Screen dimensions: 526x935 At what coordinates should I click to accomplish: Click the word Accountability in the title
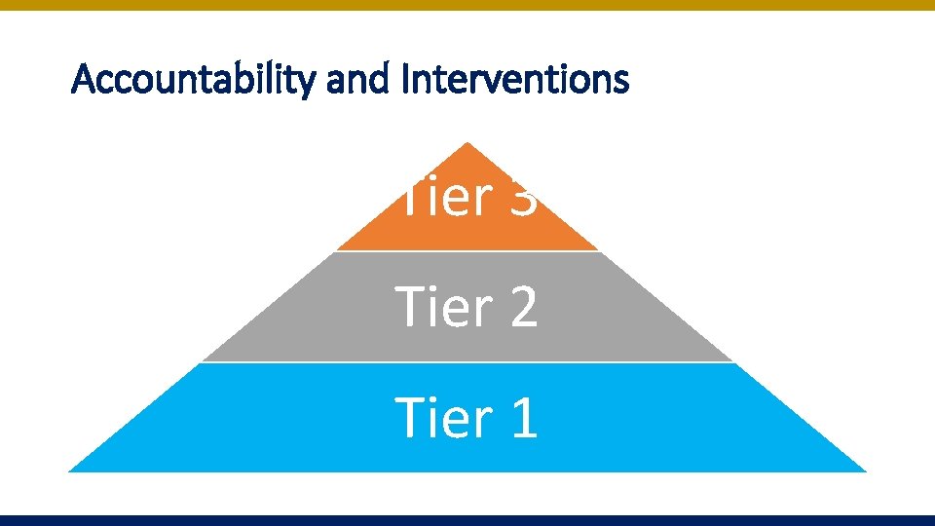point(196,80)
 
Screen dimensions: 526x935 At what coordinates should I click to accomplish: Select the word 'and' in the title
point(357,80)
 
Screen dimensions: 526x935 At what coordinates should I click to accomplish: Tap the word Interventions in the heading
point(512,80)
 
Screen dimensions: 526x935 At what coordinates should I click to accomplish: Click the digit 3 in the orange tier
point(523,198)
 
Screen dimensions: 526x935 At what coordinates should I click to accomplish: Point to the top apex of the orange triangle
point(467,144)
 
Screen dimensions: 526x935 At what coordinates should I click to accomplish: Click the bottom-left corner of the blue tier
point(71,470)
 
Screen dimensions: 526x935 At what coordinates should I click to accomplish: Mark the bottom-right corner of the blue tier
point(864,470)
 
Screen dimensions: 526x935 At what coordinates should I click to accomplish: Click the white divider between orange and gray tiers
point(467,251)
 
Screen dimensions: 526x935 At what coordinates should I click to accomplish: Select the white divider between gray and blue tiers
point(467,362)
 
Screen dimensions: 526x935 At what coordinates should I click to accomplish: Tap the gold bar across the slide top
point(467,5)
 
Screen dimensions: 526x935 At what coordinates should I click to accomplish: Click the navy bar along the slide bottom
point(467,520)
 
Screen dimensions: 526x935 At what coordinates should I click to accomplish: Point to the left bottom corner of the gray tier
point(203,360)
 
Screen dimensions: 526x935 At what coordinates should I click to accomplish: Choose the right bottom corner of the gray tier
point(732,360)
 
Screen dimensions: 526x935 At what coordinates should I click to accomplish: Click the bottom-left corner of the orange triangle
point(337,249)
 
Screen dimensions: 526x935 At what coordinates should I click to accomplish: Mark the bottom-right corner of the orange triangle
point(598,249)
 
